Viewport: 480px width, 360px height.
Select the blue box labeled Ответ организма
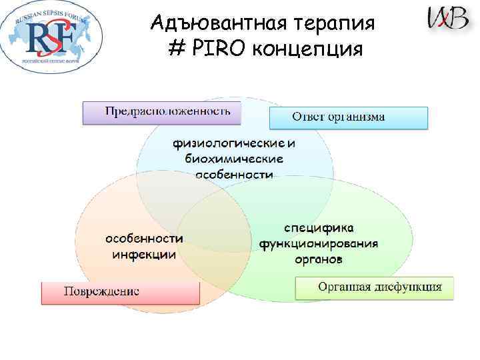[347, 117]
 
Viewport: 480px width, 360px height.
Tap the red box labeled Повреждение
[120, 292]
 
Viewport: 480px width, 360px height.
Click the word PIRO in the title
[226, 49]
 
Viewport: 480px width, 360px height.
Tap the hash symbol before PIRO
[180, 49]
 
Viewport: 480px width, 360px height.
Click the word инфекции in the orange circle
[144, 254]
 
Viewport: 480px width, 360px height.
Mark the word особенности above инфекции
[144, 239]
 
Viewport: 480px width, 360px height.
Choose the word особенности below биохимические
[234, 174]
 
